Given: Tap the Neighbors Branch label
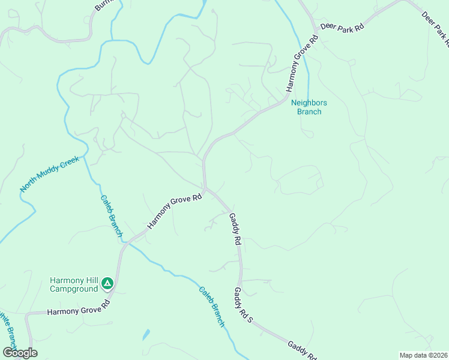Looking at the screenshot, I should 306,107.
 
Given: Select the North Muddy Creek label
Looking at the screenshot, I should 49,174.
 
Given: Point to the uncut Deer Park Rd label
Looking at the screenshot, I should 342,27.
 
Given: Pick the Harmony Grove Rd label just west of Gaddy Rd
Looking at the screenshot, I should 175,212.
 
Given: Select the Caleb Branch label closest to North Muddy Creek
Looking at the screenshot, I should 112,215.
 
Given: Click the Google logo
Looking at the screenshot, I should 20,353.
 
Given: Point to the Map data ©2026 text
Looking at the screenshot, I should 423,355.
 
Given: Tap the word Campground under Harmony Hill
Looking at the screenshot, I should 73,289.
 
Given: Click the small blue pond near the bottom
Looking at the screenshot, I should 146,334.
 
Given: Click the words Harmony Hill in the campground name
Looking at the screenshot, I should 73,280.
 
